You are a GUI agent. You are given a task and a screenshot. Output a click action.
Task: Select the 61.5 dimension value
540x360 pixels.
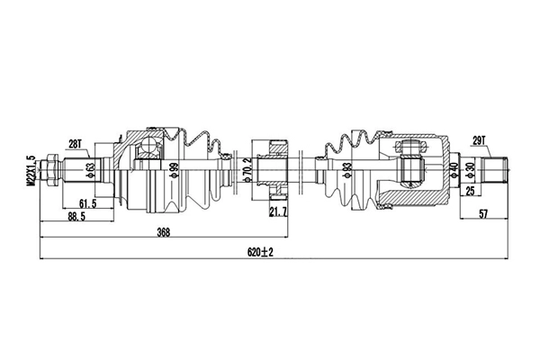[x=87, y=202]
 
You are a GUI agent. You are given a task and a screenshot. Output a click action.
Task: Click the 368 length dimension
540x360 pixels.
[x=165, y=232]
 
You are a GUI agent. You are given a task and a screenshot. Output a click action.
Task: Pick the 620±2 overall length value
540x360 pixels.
[x=260, y=253]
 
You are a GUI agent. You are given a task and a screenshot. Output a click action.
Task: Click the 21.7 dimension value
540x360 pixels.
[x=280, y=211]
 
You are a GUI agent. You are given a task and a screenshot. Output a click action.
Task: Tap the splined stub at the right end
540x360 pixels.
[x=495, y=167]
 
